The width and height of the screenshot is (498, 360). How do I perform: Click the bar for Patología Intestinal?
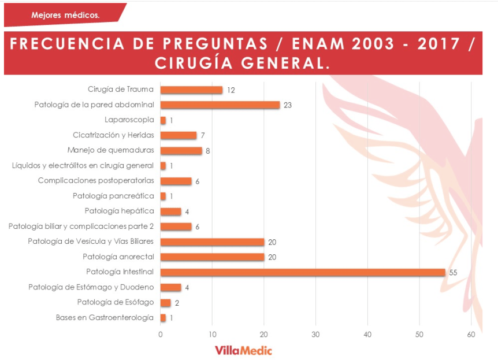(302, 272)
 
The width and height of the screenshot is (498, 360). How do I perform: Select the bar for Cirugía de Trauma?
(191, 90)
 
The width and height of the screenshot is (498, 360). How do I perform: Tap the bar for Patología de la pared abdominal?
(220, 105)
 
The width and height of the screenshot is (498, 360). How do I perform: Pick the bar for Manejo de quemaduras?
(181, 150)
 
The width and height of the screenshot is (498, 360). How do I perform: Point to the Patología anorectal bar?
(212, 257)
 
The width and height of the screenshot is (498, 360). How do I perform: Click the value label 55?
(453, 272)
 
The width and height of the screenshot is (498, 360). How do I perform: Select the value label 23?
(288, 105)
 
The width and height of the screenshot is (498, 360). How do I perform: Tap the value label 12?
(231, 90)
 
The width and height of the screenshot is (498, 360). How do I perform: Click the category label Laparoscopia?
(129, 120)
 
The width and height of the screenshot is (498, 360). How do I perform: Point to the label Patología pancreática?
(113, 196)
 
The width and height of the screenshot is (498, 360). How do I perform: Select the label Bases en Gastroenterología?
(105, 317)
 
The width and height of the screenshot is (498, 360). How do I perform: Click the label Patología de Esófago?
(116, 302)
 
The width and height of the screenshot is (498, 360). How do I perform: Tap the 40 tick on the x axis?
(367, 334)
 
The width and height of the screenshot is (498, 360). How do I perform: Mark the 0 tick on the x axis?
(160, 334)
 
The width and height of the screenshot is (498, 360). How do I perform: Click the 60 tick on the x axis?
(471, 334)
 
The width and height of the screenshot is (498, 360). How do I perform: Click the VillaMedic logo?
(243, 350)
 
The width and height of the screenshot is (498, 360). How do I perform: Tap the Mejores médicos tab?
(65, 15)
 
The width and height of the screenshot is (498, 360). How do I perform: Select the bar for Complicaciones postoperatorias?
(176, 181)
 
